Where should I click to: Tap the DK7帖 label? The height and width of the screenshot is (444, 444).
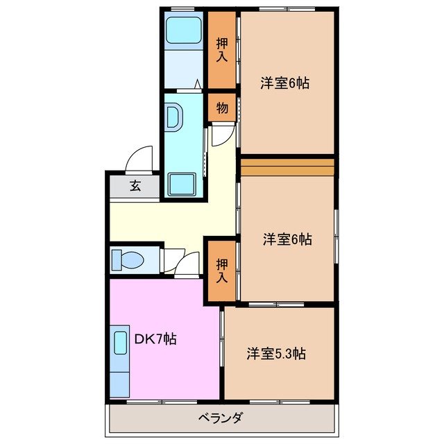[x=155, y=339]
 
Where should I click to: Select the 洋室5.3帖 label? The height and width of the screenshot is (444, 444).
[x=275, y=354]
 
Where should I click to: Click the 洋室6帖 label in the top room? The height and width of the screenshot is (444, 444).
[x=284, y=83]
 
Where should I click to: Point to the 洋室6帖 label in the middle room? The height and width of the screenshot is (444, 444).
[x=287, y=239]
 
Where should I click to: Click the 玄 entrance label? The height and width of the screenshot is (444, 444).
[x=135, y=186]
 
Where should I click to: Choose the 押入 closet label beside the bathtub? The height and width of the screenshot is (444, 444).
[x=221, y=49]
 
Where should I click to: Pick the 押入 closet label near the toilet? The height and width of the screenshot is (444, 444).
[x=221, y=270]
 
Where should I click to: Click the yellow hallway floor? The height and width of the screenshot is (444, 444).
[x=173, y=220]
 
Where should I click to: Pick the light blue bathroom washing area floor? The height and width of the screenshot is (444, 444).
[x=183, y=67]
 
